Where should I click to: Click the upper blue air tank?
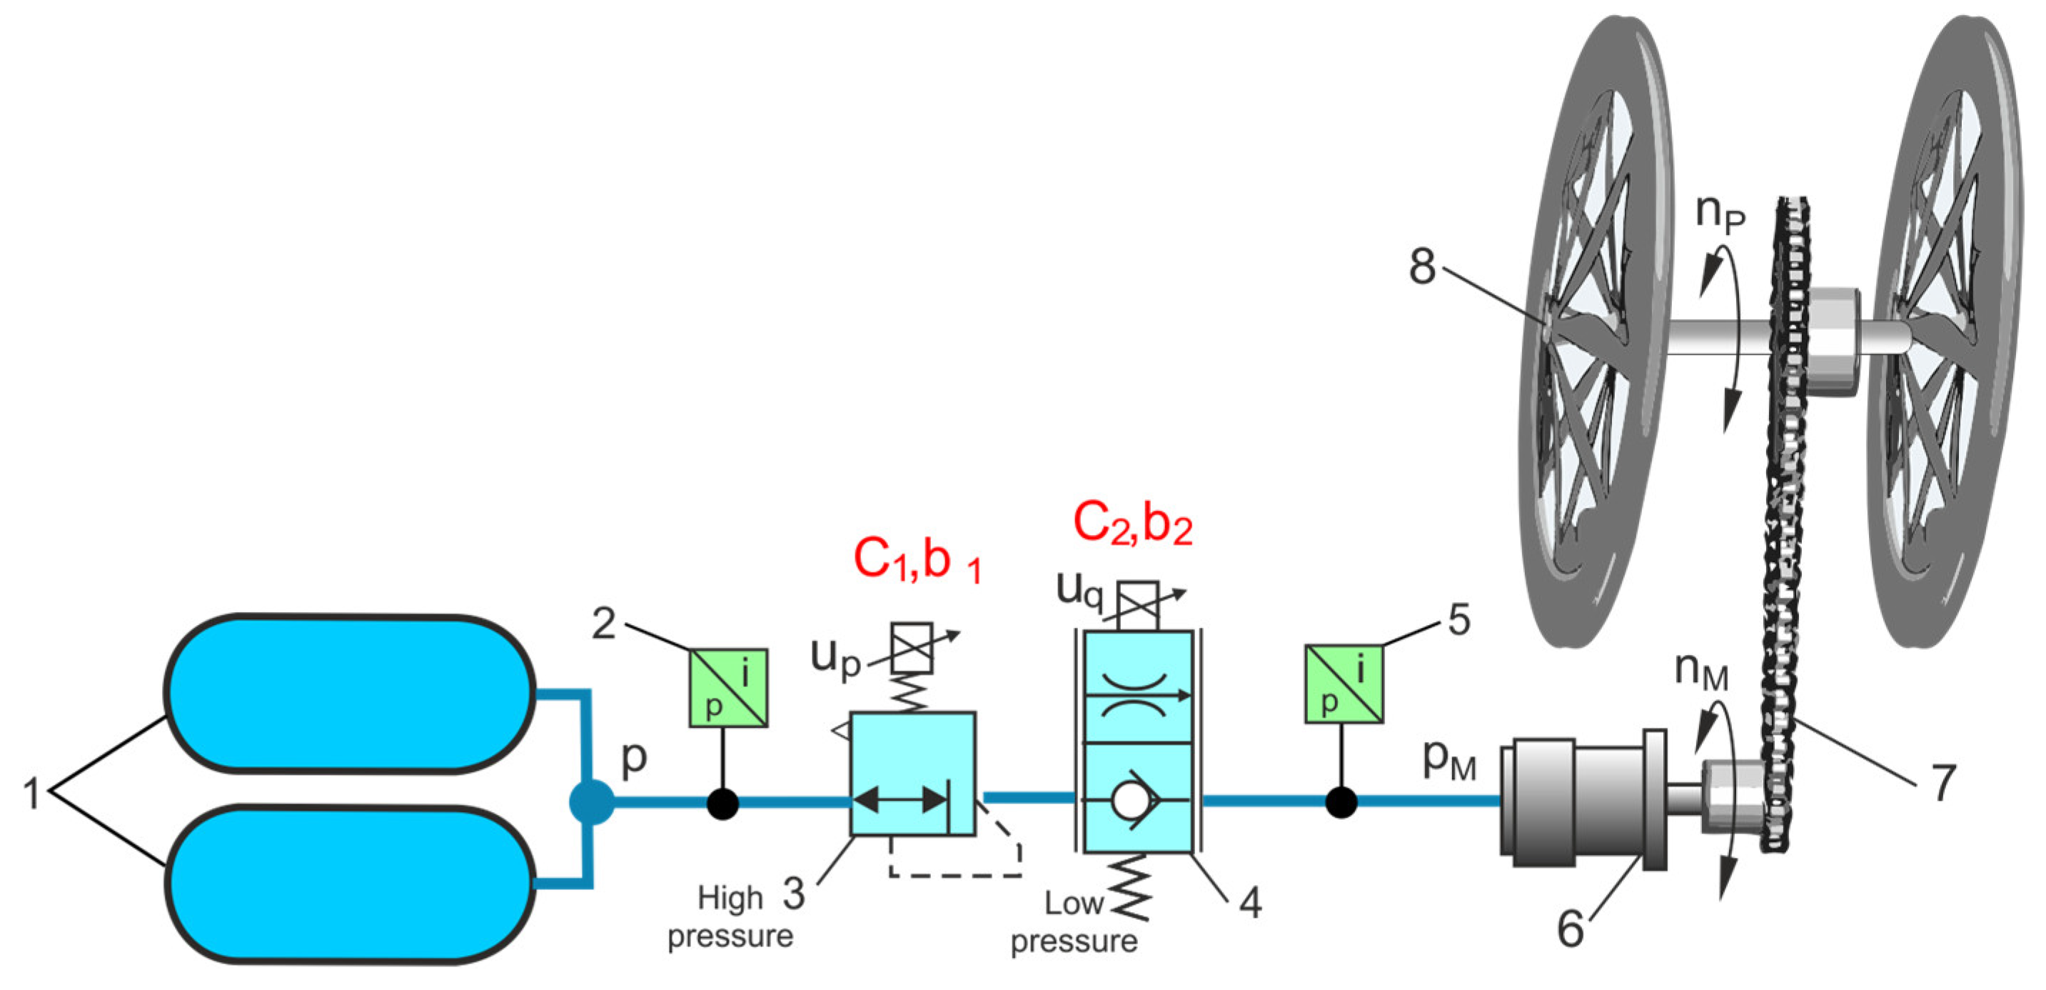tap(350, 693)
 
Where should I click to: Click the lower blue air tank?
tap(350, 884)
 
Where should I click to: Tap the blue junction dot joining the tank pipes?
tap(592, 802)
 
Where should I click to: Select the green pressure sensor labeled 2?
tap(727, 687)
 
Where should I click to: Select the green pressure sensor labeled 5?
tap(1344, 684)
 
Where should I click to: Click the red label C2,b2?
tap(1132, 524)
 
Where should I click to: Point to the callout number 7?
tap(1942, 783)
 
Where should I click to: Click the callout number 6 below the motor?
tap(1571, 928)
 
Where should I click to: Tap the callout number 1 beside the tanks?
tap(32, 793)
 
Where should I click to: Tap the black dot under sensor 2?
tap(722, 804)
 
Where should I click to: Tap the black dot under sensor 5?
tap(1341, 802)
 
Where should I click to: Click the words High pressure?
tap(730, 918)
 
